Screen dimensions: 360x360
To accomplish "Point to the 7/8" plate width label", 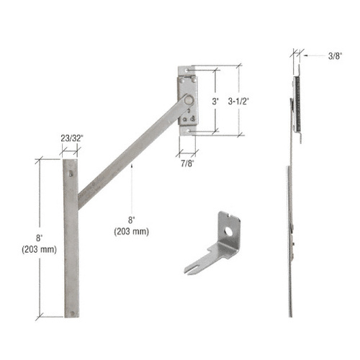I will tap(187, 163).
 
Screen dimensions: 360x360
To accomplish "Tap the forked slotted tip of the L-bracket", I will tap(192, 268).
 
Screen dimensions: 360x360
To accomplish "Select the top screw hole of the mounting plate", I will tap(187, 71).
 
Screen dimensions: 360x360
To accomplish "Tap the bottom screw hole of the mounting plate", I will tap(187, 131).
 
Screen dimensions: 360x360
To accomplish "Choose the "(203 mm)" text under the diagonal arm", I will tap(130, 232).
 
